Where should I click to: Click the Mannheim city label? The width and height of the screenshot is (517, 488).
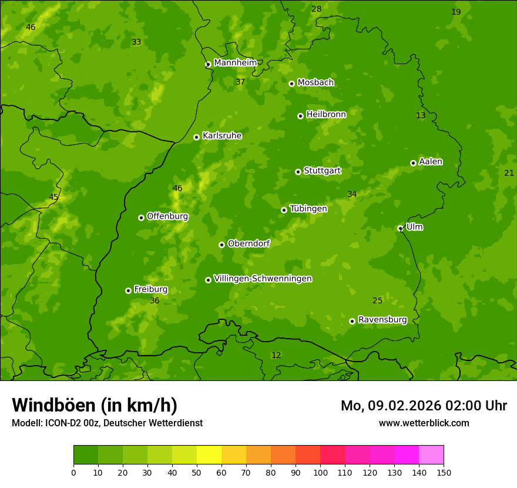(235, 62)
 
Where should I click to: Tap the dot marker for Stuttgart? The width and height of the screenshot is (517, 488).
(298, 172)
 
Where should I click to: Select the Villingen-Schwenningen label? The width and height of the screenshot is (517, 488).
(263, 279)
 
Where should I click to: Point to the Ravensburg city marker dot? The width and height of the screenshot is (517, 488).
(352, 321)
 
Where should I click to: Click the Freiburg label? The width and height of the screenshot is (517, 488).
(150, 289)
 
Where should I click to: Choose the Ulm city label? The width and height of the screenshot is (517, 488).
(414, 227)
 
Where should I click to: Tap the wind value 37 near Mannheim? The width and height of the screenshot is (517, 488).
(240, 82)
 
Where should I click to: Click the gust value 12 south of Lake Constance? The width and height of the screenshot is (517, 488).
(276, 355)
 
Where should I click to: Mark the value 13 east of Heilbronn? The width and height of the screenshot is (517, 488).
(421, 115)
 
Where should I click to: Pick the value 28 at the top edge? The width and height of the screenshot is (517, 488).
(317, 9)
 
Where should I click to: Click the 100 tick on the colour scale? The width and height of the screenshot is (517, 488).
(320, 472)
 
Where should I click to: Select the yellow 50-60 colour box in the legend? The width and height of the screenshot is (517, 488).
(209, 455)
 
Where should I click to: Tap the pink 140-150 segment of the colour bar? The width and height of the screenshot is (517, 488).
(431, 455)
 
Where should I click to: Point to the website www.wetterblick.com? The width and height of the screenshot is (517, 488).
(424, 423)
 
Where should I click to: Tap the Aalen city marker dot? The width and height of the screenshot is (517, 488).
(413, 163)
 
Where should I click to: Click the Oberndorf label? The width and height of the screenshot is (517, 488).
(249, 243)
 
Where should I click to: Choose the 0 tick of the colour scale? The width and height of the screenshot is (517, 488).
(73, 472)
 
